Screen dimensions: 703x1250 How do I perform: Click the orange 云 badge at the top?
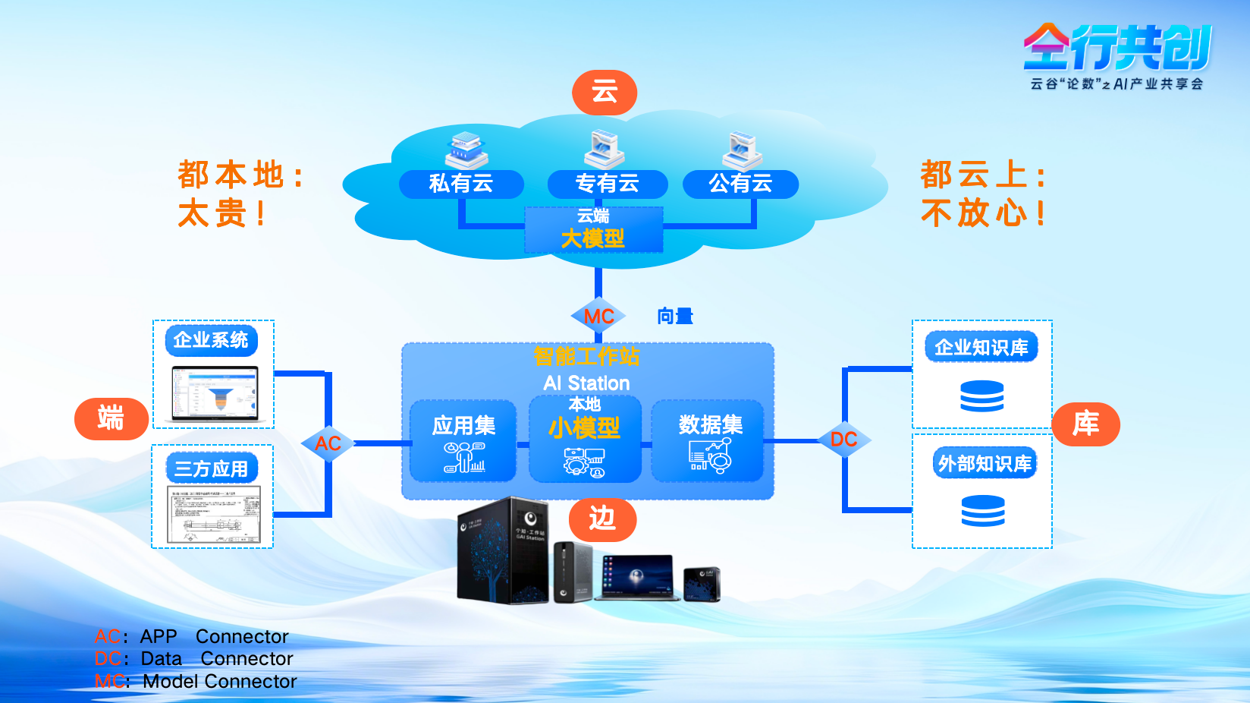(x=604, y=93)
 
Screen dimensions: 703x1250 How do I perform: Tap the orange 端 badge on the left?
(x=111, y=418)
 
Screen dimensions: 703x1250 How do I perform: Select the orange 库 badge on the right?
(x=1085, y=424)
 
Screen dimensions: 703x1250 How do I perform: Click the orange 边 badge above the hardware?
(x=602, y=519)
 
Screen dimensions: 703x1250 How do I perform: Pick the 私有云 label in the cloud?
(x=461, y=184)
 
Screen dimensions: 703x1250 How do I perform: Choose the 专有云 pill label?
(x=607, y=184)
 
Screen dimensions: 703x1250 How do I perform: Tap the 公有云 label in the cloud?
(x=740, y=184)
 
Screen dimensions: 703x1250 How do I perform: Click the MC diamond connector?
(x=598, y=317)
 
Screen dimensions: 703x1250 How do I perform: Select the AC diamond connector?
(x=328, y=443)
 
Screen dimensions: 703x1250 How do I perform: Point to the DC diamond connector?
(x=843, y=440)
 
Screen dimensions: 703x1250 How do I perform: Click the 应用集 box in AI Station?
(x=463, y=441)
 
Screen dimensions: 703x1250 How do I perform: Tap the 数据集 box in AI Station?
(x=708, y=441)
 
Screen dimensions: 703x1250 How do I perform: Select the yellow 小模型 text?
(x=584, y=428)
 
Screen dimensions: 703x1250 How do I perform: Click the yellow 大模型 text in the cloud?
(x=592, y=239)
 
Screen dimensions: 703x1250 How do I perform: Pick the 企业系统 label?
(x=211, y=340)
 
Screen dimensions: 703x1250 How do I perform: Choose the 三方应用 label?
(x=212, y=468)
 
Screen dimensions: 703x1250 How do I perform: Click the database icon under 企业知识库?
(x=981, y=396)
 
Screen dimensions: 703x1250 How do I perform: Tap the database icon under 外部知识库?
(x=982, y=510)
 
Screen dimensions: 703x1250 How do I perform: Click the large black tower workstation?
(x=501, y=550)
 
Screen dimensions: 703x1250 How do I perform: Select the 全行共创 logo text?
(x=1117, y=47)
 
